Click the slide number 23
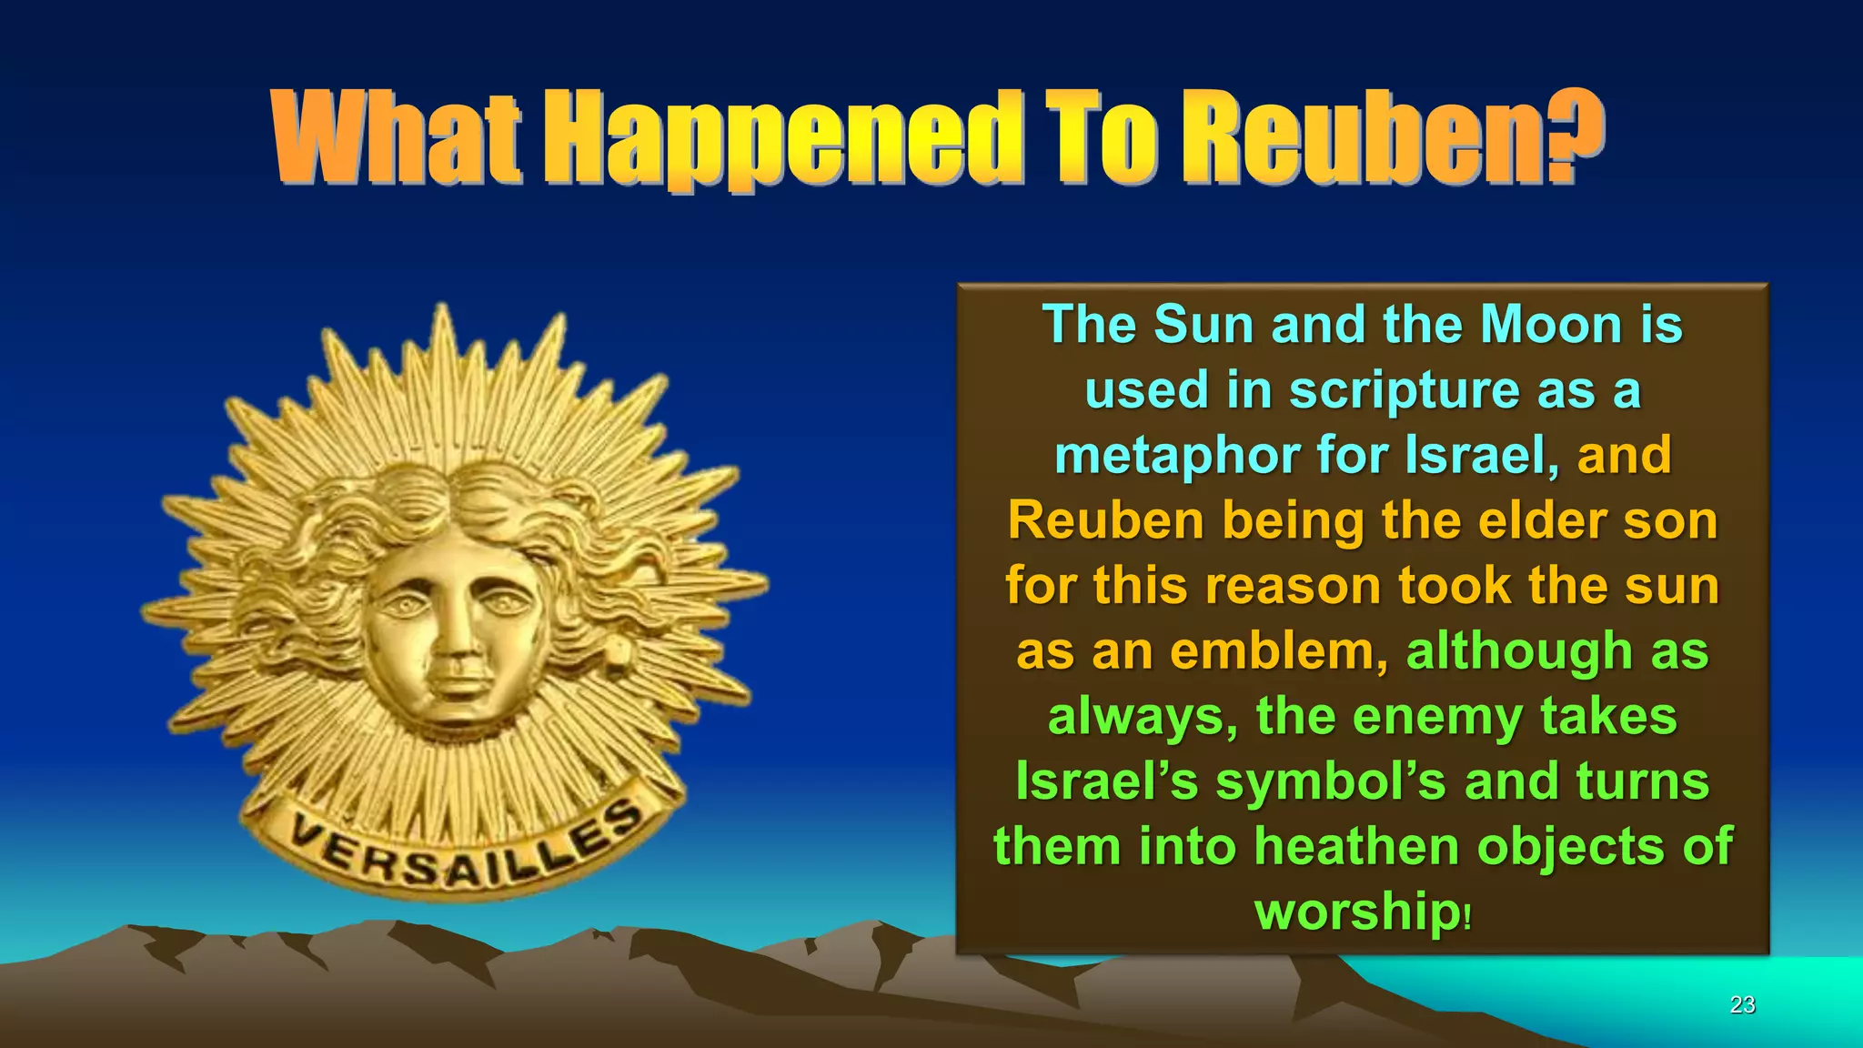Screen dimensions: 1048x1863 coord(1742,1004)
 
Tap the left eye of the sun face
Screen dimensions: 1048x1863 coord(400,603)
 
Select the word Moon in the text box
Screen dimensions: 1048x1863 coord(1551,325)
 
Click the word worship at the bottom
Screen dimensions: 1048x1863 coord(1355,912)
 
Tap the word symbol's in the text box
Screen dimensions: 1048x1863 coord(1330,781)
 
